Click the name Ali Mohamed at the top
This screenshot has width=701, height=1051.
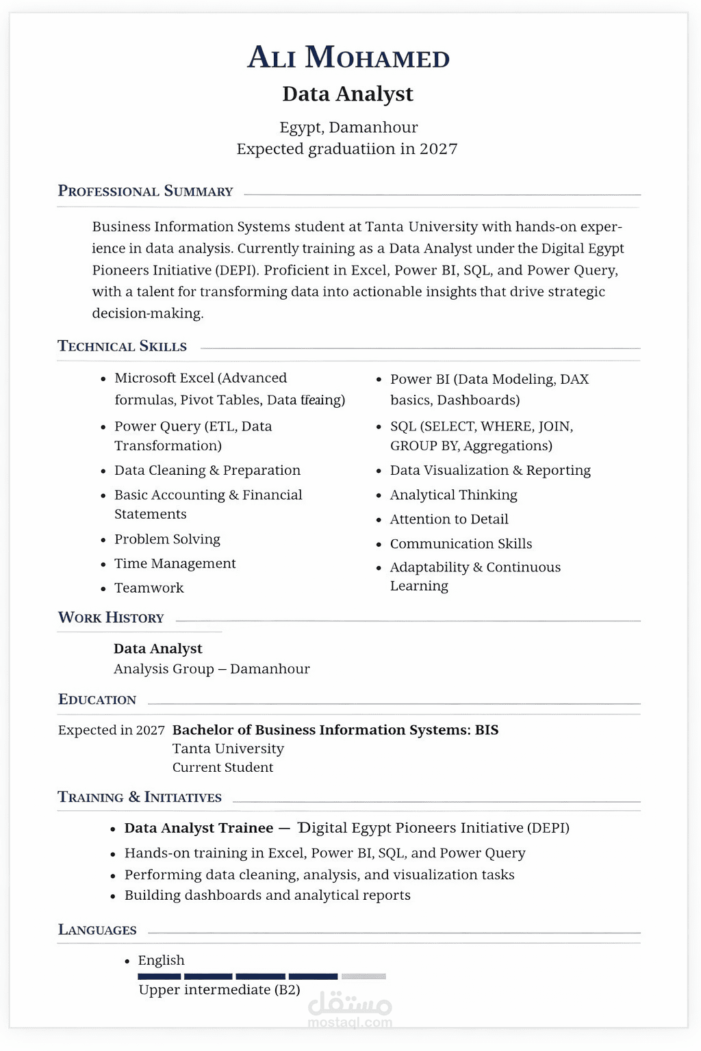348,57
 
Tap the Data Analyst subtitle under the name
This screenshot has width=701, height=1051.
348,94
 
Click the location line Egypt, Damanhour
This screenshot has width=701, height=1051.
348,127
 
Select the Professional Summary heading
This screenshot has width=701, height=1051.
145,191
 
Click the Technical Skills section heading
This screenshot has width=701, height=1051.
122,346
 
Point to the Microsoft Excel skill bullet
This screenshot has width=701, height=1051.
200,378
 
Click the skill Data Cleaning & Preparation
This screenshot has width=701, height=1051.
207,470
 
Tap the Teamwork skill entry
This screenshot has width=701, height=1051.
149,588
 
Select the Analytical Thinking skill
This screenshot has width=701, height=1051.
453,495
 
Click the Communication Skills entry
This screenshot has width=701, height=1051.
461,544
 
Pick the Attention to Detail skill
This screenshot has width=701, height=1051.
448,519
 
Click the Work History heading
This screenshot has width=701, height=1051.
111,618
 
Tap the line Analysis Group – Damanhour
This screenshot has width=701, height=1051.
212,669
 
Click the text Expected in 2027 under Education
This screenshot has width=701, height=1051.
111,730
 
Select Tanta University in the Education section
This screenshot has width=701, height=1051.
228,749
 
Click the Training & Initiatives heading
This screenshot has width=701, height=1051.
140,797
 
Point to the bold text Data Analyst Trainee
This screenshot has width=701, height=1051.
199,828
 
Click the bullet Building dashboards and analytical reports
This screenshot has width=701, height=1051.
267,895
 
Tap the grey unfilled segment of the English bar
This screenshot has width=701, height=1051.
364,976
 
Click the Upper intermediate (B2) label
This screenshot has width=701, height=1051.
219,990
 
